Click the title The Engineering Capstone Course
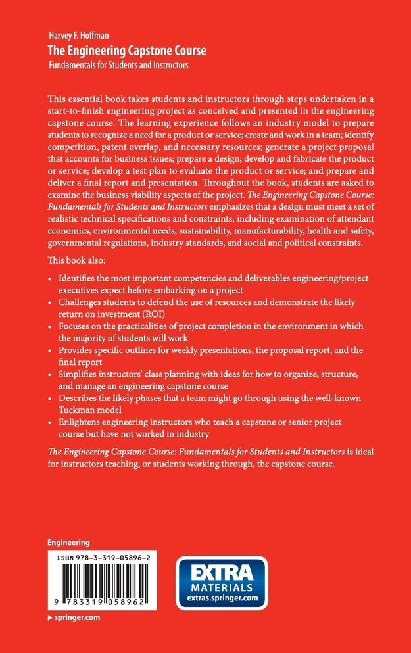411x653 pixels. click(127, 51)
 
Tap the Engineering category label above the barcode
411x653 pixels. click(68, 543)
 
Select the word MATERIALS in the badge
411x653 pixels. click(222, 587)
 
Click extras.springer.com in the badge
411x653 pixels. click(222, 597)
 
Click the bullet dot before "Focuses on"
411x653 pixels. click(51, 327)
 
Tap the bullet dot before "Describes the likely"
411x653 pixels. click(51, 399)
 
